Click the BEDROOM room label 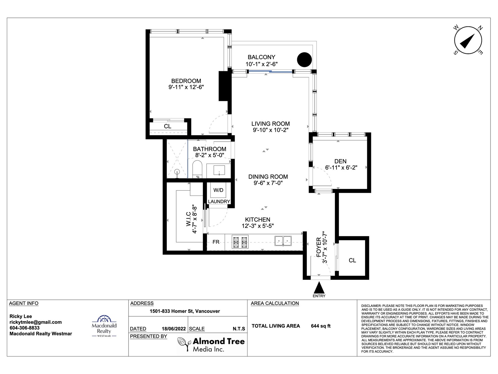pyautogui.click(x=186, y=81)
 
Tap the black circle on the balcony pyautogui.click(x=304, y=60)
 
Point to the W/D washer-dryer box pyautogui.click(x=218, y=190)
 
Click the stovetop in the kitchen pyautogui.click(x=240, y=242)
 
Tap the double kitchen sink pyautogui.click(x=283, y=241)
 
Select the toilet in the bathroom pyautogui.click(x=197, y=169)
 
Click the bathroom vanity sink pyautogui.click(x=219, y=170)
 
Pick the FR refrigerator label pyautogui.click(x=216, y=242)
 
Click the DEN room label pyautogui.click(x=340, y=161)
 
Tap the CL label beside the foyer pyautogui.click(x=352, y=260)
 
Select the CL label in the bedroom pyautogui.click(x=168, y=126)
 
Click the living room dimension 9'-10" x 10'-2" pyautogui.click(x=270, y=130)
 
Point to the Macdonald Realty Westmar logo pyautogui.click(x=104, y=326)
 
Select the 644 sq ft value pyautogui.click(x=321, y=326)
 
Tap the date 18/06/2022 pyautogui.click(x=174, y=328)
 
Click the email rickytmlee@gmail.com pyautogui.click(x=35, y=322)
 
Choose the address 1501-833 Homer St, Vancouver pyautogui.click(x=185, y=311)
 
